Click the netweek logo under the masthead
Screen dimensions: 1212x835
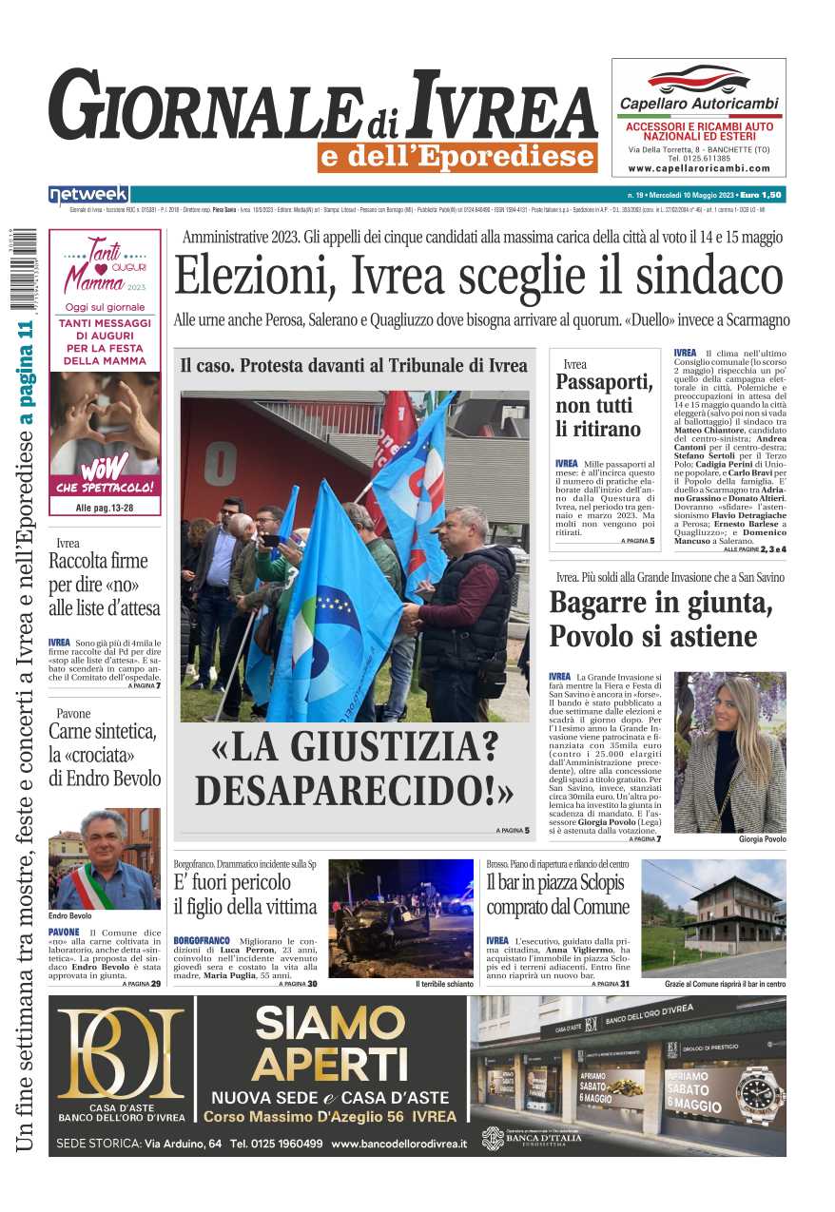click(88, 195)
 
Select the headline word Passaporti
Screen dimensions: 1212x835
click(604, 383)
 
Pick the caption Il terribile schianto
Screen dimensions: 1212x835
click(444, 984)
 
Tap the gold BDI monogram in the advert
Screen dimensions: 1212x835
click(121, 1052)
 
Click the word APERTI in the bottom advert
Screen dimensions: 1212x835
click(329, 1066)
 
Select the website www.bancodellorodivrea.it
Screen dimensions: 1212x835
click(398, 1143)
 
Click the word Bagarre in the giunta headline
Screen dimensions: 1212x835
click(607, 604)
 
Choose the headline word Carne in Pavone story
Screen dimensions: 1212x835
click(75, 732)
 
